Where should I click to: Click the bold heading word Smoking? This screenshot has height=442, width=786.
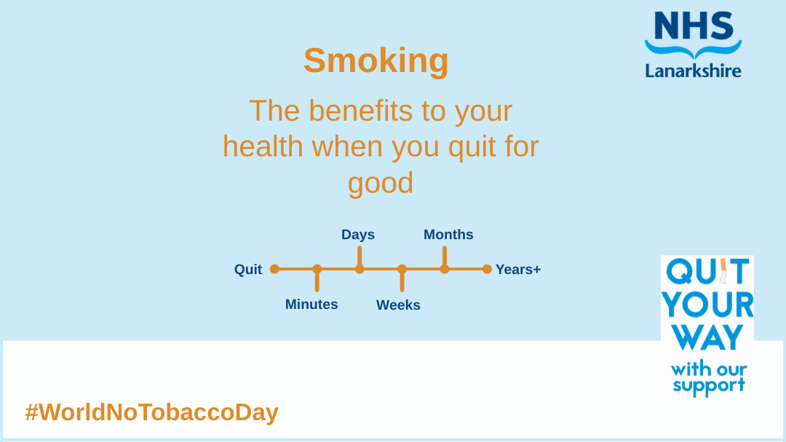(x=376, y=61)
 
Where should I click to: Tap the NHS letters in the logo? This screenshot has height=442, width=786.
(x=694, y=26)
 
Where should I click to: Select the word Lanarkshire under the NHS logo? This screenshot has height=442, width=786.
(x=694, y=70)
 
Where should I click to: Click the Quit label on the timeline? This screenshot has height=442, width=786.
(x=248, y=269)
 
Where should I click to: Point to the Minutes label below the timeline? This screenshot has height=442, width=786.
(x=311, y=305)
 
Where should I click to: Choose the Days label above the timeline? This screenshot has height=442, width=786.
(x=358, y=235)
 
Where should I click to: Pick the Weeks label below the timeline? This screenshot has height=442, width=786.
(x=399, y=305)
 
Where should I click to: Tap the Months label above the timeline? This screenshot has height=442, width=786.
(x=448, y=234)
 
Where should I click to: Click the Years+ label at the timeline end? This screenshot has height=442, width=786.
(x=518, y=269)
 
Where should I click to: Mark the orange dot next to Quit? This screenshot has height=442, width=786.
(x=274, y=269)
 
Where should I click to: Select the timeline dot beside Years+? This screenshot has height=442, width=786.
(x=487, y=269)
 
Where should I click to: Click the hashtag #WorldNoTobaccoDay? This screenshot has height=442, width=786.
(x=152, y=412)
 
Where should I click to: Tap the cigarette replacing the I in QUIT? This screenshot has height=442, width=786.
(x=723, y=271)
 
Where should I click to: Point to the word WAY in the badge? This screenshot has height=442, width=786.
(x=707, y=337)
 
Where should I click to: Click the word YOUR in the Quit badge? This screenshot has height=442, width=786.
(x=707, y=305)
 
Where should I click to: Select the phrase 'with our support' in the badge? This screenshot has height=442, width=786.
(x=708, y=377)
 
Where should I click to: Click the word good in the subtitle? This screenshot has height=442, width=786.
(x=381, y=182)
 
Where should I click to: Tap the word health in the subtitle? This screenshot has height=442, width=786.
(x=263, y=147)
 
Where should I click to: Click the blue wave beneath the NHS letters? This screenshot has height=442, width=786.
(x=694, y=49)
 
